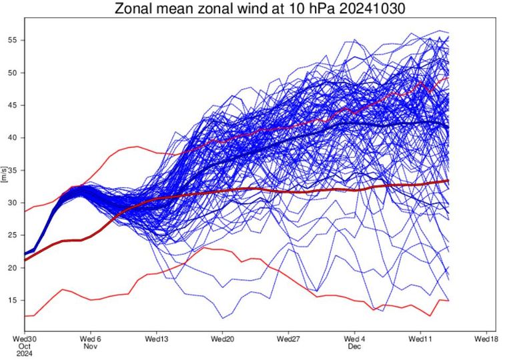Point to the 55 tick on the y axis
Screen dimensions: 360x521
[13, 40]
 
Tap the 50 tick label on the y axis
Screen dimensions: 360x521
[13, 73]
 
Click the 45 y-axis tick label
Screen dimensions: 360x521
[13, 105]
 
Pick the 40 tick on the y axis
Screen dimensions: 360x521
[13, 138]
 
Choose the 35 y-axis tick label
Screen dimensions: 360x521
[13, 170]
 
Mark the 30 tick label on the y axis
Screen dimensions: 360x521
[13, 203]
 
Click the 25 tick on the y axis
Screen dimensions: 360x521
[13, 235]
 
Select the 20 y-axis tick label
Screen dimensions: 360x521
[13, 268]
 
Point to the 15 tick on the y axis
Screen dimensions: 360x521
[13, 301]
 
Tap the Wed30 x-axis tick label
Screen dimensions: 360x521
[25, 338]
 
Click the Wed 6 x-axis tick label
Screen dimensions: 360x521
[91, 338]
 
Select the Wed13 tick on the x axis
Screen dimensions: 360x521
[156, 338]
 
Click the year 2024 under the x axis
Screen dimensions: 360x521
[24, 354]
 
